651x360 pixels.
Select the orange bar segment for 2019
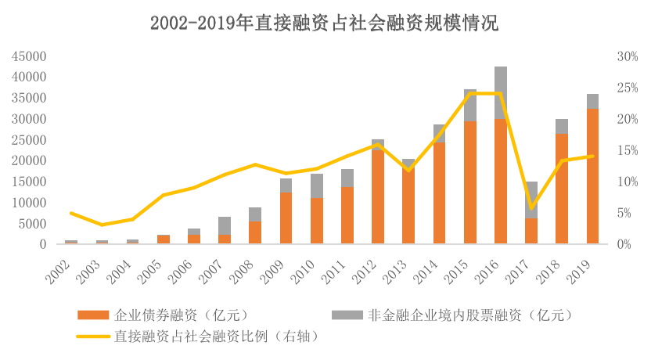click(x=593, y=176)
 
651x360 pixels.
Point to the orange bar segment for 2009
click(x=286, y=218)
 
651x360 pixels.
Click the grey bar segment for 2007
click(x=225, y=225)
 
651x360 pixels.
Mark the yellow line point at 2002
click(x=71, y=213)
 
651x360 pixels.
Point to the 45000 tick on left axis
click(x=29, y=56)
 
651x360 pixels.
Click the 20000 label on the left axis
click(x=29, y=160)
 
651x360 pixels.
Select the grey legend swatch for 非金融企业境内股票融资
click(x=347, y=315)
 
